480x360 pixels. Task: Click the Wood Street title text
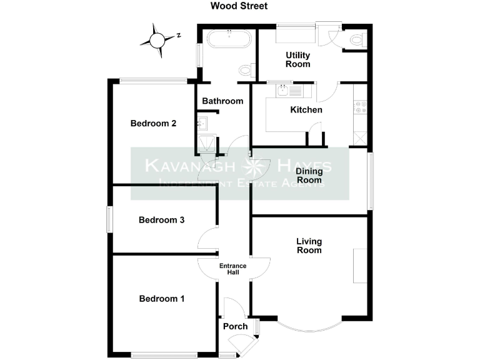pos(239,6)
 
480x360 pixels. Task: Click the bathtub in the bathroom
pos(229,41)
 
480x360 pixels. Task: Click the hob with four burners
pos(360,107)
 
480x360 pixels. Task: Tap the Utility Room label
pos(297,60)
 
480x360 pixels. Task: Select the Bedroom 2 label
pos(153,123)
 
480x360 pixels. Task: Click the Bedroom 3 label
pos(161,220)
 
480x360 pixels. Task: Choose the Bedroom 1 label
pos(161,299)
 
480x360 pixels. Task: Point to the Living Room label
pos(309,246)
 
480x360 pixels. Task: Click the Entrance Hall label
pos(232,269)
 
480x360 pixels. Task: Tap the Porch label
pos(235,326)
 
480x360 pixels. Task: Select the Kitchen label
pos(306,110)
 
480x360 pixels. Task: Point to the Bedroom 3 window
pos(109,220)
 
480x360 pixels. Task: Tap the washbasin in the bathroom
pos(202,122)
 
